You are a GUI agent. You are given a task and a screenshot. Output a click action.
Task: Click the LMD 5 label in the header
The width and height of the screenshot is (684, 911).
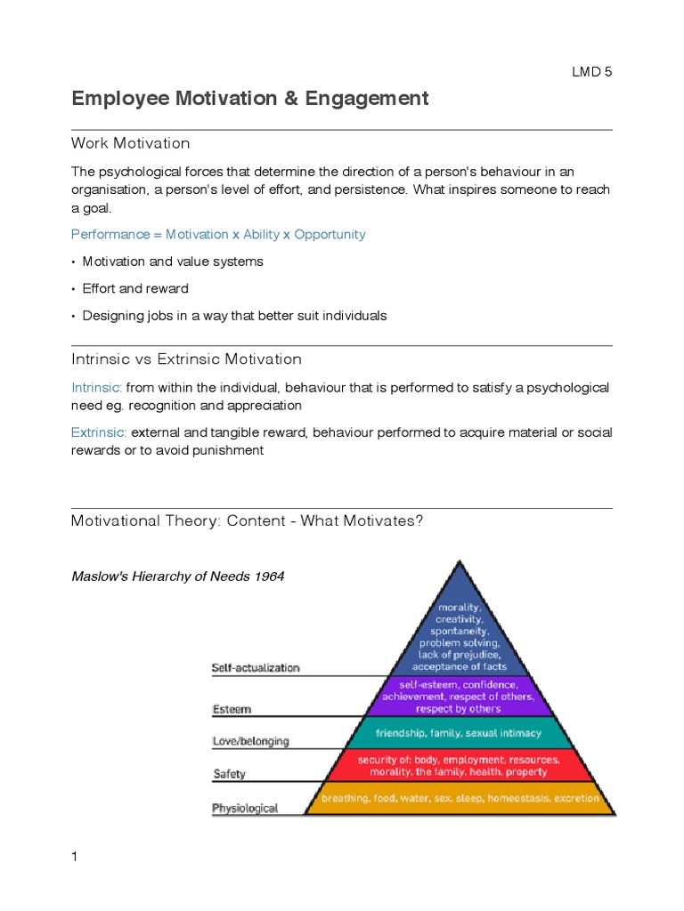[591, 73]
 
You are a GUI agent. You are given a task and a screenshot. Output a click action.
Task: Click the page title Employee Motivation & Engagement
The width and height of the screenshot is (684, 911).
[249, 99]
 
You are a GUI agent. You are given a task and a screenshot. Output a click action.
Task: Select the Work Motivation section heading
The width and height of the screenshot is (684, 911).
[130, 143]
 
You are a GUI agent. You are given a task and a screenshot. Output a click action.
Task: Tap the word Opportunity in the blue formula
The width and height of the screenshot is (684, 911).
[330, 235]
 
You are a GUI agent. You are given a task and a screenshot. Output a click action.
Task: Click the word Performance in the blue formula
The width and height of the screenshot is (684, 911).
[109, 235]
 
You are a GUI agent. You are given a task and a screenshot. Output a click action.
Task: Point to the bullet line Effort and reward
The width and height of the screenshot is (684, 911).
[135, 288]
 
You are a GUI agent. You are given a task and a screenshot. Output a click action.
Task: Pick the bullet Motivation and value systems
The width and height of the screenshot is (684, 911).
[173, 262]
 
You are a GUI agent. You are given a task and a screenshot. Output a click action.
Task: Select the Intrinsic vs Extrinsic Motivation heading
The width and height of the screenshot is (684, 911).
[186, 359]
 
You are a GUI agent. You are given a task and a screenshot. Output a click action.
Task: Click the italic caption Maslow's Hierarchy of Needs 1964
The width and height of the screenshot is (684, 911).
[178, 576]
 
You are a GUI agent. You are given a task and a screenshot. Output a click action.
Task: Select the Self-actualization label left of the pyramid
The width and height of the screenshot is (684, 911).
[256, 667]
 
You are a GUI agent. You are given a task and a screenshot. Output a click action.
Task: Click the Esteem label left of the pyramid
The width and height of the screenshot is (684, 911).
[232, 709]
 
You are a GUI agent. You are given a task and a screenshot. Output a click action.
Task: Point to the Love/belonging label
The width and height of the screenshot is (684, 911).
[250, 740]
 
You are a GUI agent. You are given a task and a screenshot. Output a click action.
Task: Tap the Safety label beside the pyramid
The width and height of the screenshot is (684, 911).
[229, 774]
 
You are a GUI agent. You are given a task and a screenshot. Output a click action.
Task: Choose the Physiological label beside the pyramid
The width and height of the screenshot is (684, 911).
[245, 809]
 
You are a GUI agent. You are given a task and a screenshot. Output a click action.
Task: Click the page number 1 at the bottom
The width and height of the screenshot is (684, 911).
[75, 857]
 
